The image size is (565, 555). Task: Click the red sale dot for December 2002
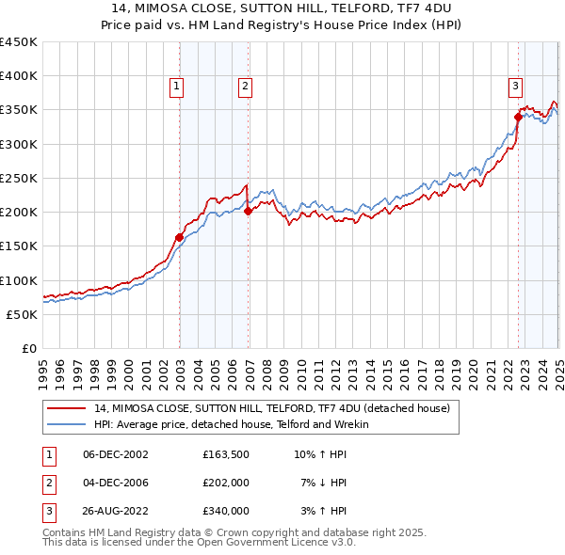179,237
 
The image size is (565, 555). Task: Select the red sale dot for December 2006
248,212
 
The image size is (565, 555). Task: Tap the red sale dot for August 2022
518,117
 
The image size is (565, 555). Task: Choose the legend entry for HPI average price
231,425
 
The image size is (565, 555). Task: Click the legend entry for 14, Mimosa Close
272,408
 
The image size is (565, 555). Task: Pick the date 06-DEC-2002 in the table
116,454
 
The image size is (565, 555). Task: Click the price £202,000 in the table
225,483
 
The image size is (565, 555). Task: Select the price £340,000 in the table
225,511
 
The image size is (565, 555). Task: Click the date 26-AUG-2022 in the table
116,511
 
